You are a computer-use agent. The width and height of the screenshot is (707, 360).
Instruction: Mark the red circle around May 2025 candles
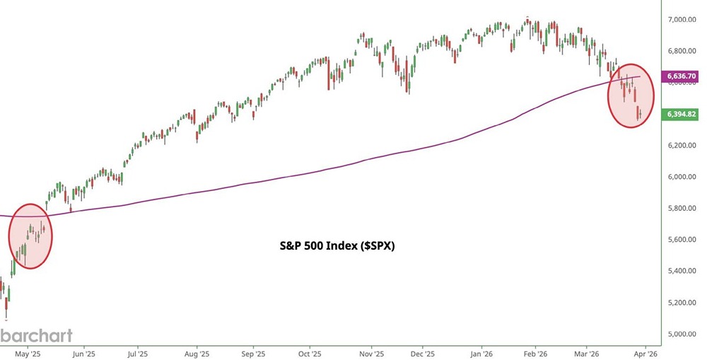click(x=31, y=236)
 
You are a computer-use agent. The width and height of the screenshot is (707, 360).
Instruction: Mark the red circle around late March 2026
click(x=631, y=95)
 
